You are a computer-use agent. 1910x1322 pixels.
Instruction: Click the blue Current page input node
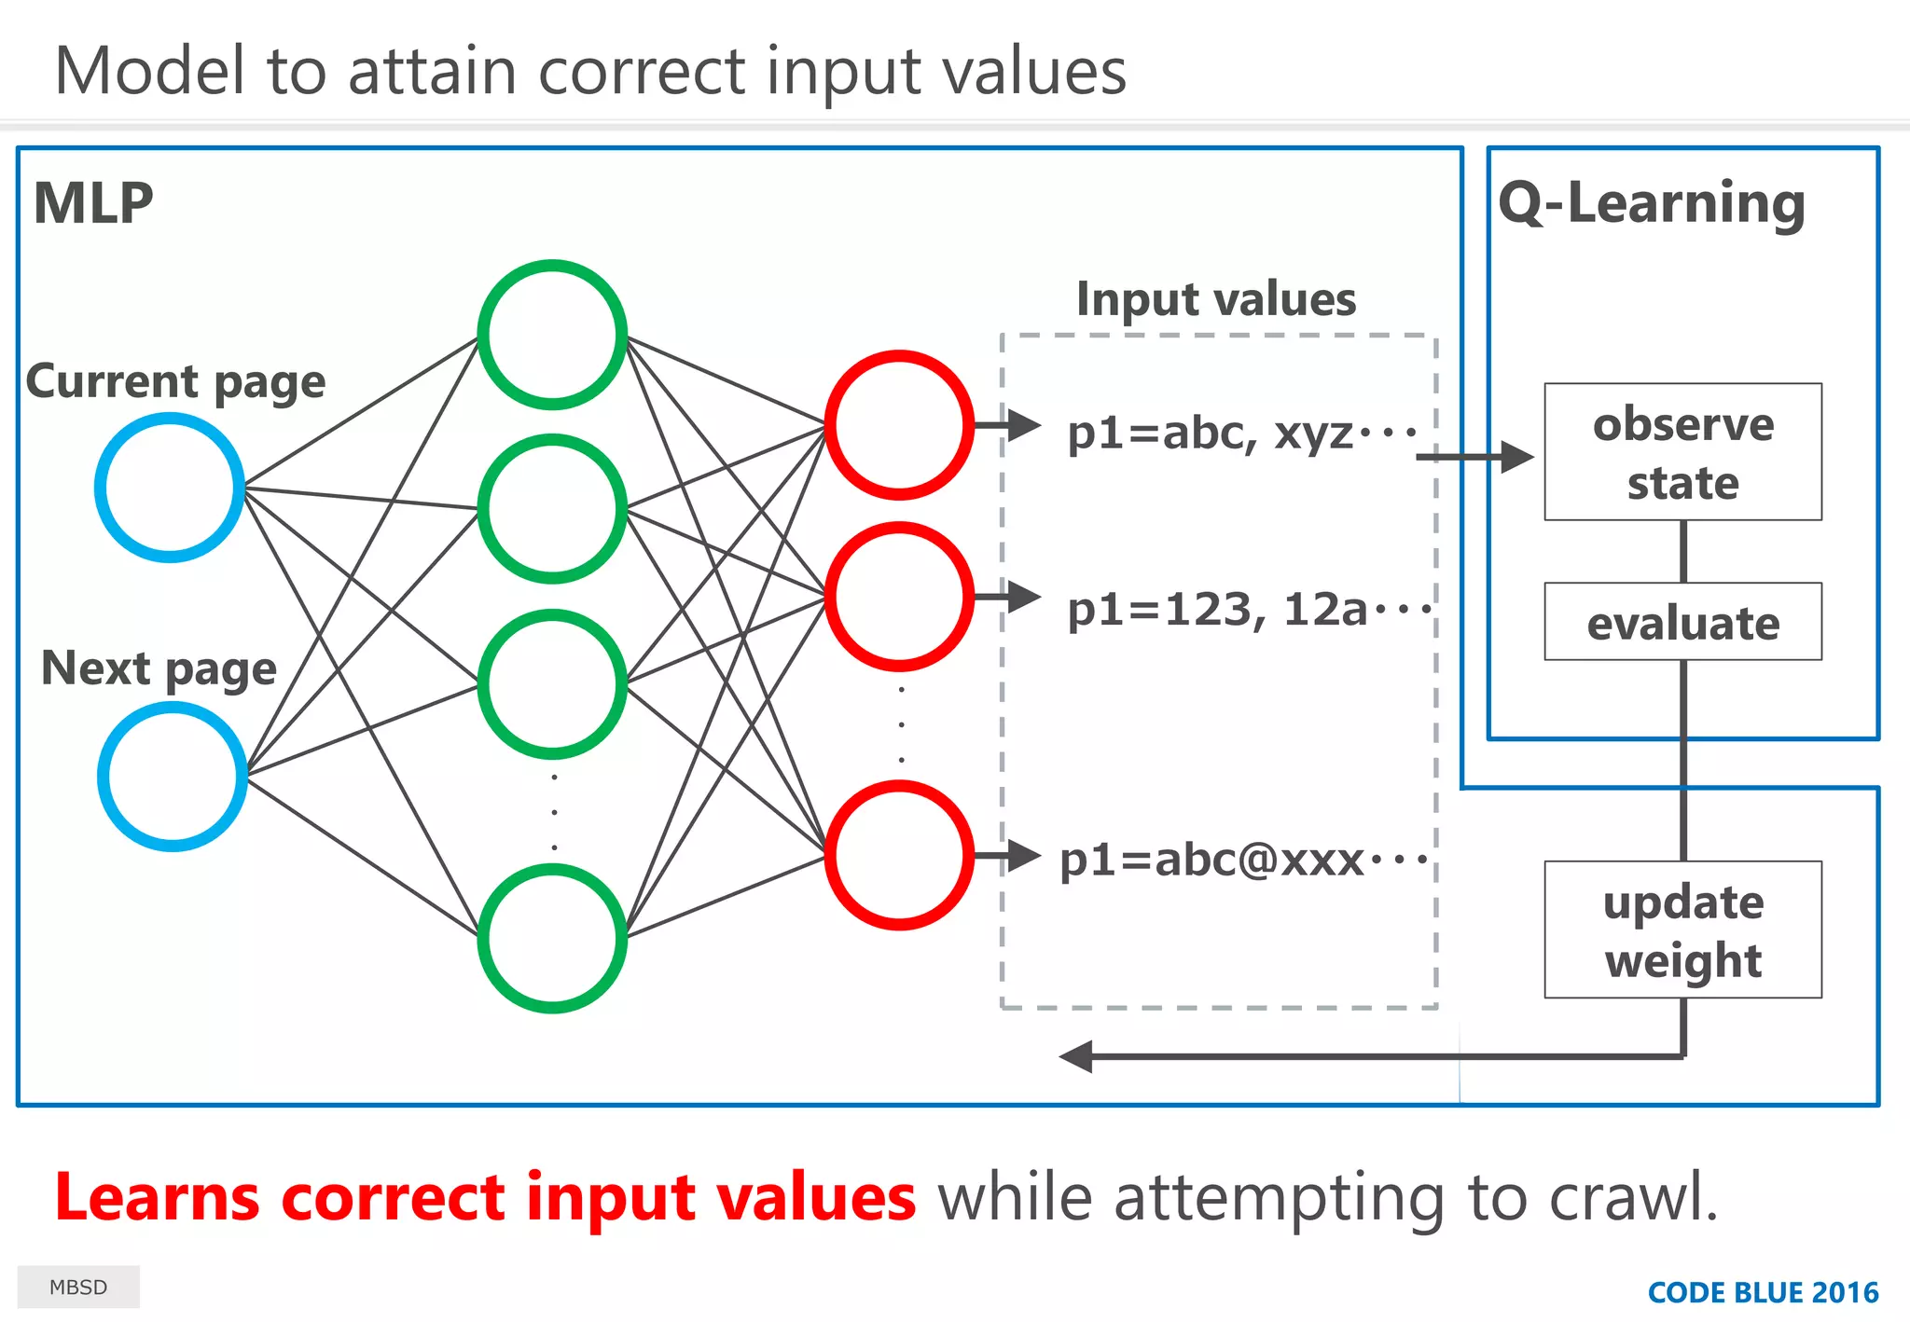coord(170,488)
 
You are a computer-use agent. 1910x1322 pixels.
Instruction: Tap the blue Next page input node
coord(173,776)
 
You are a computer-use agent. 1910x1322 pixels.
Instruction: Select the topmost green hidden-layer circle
coord(552,335)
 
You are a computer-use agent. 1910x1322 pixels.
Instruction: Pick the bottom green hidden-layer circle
coord(552,938)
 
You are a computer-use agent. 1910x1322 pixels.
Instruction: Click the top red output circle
coord(899,425)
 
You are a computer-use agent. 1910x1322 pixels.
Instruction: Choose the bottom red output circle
coord(899,855)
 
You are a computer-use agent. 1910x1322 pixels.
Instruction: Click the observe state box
coord(1682,452)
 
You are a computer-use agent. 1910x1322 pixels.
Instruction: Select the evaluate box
coord(1682,622)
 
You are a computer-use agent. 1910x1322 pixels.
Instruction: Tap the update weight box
coord(1682,930)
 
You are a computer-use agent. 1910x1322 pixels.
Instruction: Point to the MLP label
coord(93,203)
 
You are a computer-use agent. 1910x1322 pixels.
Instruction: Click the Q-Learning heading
coord(1652,203)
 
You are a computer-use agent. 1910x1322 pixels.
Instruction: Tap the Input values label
coord(1216,299)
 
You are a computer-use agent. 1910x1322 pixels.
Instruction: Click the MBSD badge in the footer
coord(78,1288)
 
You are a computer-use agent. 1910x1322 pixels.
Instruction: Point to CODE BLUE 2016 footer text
coord(1763,1292)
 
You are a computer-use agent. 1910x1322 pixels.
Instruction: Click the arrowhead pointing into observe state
coord(1516,457)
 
